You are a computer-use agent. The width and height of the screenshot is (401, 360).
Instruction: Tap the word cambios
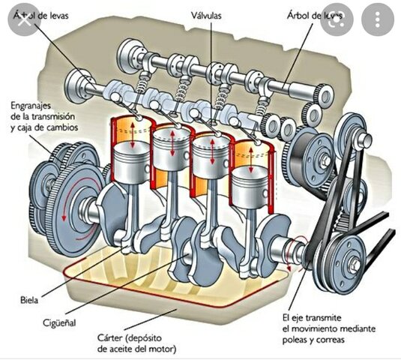(74, 128)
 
